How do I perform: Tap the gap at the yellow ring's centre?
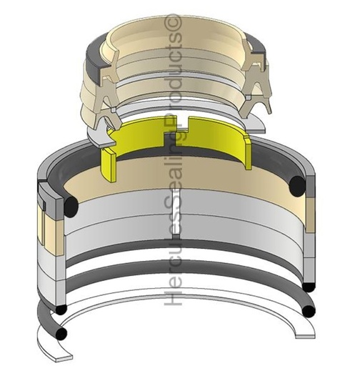click(183, 124)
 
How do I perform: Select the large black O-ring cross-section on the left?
click(71, 204)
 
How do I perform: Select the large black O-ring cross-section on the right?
click(298, 186)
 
